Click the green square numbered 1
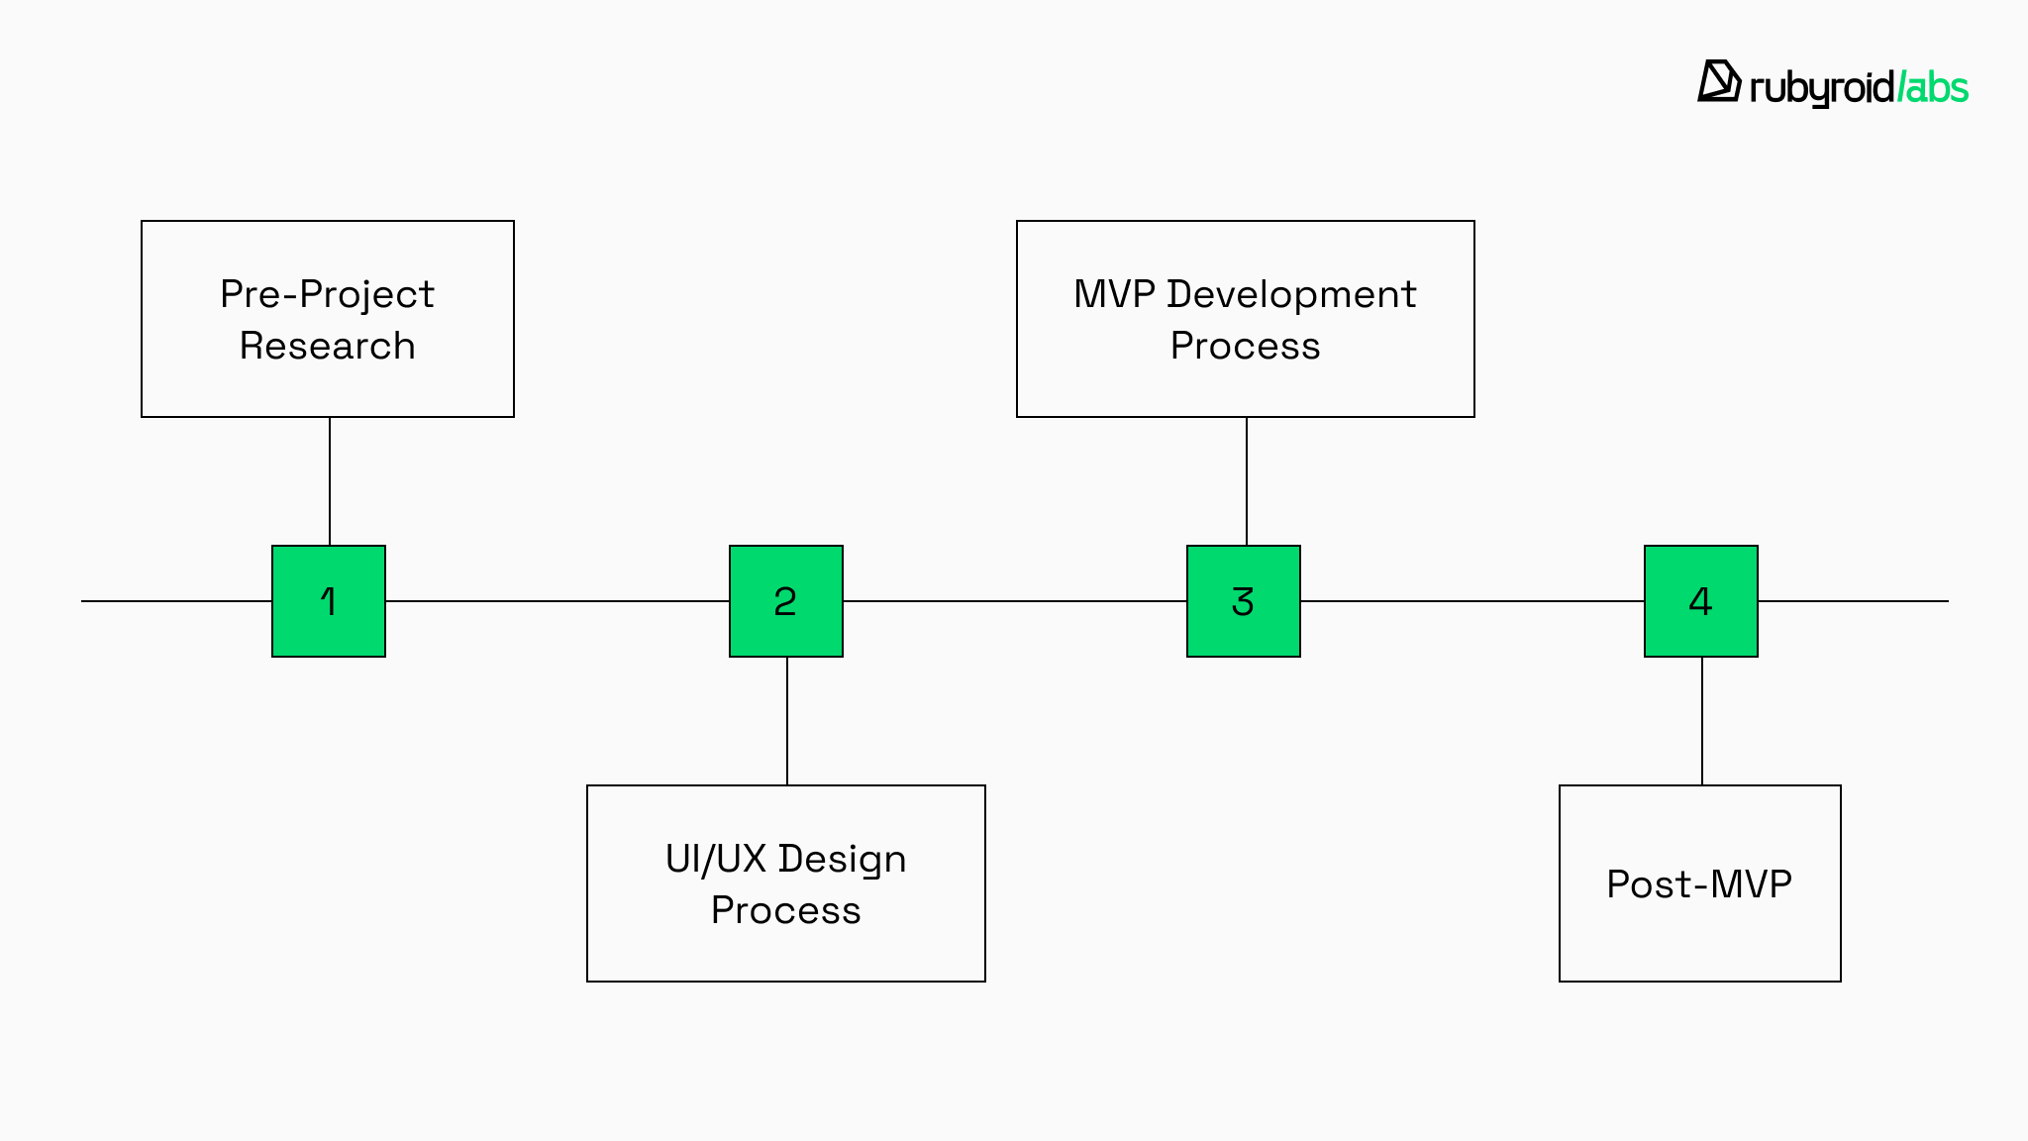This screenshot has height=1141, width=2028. (329, 601)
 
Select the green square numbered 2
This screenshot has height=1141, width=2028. (786, 601)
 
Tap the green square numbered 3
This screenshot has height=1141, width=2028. (1244, 601)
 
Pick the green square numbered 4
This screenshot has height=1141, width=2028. (1701, 601)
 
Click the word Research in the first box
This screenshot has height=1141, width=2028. (328, 346)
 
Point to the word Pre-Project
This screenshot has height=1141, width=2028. (328, 294)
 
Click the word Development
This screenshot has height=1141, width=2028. (1291, 294)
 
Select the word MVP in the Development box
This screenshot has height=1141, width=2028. (1114, 294)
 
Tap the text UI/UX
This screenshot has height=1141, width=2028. (715, 859)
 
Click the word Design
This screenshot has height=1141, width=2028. (843, 859)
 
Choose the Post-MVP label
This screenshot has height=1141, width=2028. (1699, 883)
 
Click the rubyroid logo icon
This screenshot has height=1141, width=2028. (1719, 81)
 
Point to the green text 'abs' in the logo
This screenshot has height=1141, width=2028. (1937, 88)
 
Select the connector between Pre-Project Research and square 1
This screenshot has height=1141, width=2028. (330, 481)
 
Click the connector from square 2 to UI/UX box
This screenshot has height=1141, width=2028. (787, 721)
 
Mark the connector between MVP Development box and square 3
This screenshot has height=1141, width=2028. (1247, 481)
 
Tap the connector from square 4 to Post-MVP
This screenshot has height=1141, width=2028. (1702, 721)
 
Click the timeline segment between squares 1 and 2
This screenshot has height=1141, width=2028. (558, 601)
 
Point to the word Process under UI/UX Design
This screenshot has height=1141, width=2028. (786, 910)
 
